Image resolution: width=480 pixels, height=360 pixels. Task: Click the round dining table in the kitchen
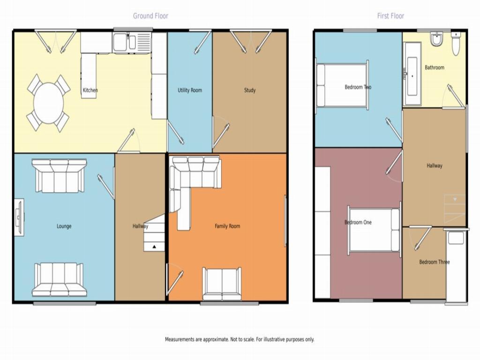click(x=48, y=103)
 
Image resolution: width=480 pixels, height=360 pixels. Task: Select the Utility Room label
click(x=190, y=90)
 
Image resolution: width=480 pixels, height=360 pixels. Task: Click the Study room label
click(x=250, y=90)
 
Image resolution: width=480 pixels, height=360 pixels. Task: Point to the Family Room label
click(x=227, y=226)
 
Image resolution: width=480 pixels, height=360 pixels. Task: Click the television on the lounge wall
click(x=19, y=217)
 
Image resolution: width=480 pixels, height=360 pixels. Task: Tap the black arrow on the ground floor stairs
click(x=154, y=247)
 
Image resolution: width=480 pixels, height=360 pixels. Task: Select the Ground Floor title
click(x=150, y=16)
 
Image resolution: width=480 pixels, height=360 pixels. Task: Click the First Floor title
click(x=390, y=16)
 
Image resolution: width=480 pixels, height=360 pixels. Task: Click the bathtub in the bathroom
click(x=412, y=74)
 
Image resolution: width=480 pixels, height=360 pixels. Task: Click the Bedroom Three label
click(x=435, y=262)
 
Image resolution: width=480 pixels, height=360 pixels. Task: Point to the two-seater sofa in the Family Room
click(x=222, y=285)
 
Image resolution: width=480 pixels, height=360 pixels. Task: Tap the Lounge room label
click(x=64, y=226)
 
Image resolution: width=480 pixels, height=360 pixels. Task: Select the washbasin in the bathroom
click(x=436, y=39)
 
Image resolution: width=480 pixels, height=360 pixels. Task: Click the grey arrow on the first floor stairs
click(x=455, y=199)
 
